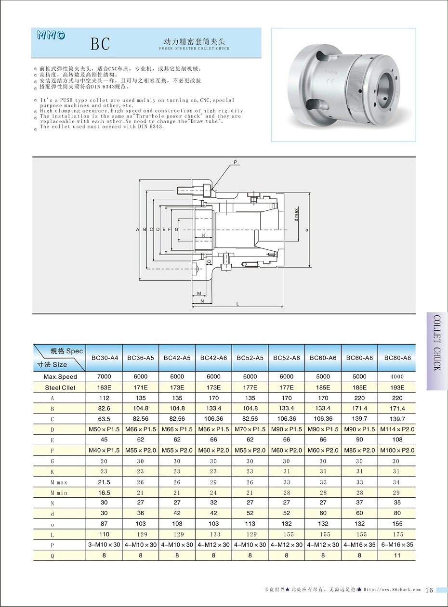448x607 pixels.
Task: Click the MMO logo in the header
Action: [x=51, y=35]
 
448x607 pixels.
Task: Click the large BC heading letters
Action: [x=100, y=44]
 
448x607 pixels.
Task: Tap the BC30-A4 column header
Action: [x=104, y=358]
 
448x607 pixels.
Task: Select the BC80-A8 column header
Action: [x=397, y=358]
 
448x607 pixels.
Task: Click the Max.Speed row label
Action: [x=60, y=376]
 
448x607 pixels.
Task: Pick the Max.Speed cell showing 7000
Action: [x=104, y=376]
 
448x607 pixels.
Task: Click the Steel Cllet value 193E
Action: [x=397, y=387]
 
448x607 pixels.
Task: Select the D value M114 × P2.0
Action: [x=397, y=429]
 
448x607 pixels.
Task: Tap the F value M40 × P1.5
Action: [x=104, y=450]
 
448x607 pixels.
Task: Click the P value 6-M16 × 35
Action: [x=397, y=544]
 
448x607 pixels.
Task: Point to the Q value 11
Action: [x=397, y=555]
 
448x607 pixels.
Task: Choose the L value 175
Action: [x=397, y=534]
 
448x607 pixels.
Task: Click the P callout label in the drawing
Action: [x=236, y=163]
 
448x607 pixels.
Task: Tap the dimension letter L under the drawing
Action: [x=237, y=304]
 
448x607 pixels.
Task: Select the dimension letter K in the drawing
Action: [x=204, y=235]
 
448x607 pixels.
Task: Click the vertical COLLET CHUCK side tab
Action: [x=437, y=350]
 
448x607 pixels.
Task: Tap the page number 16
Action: [x=430, y=590]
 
